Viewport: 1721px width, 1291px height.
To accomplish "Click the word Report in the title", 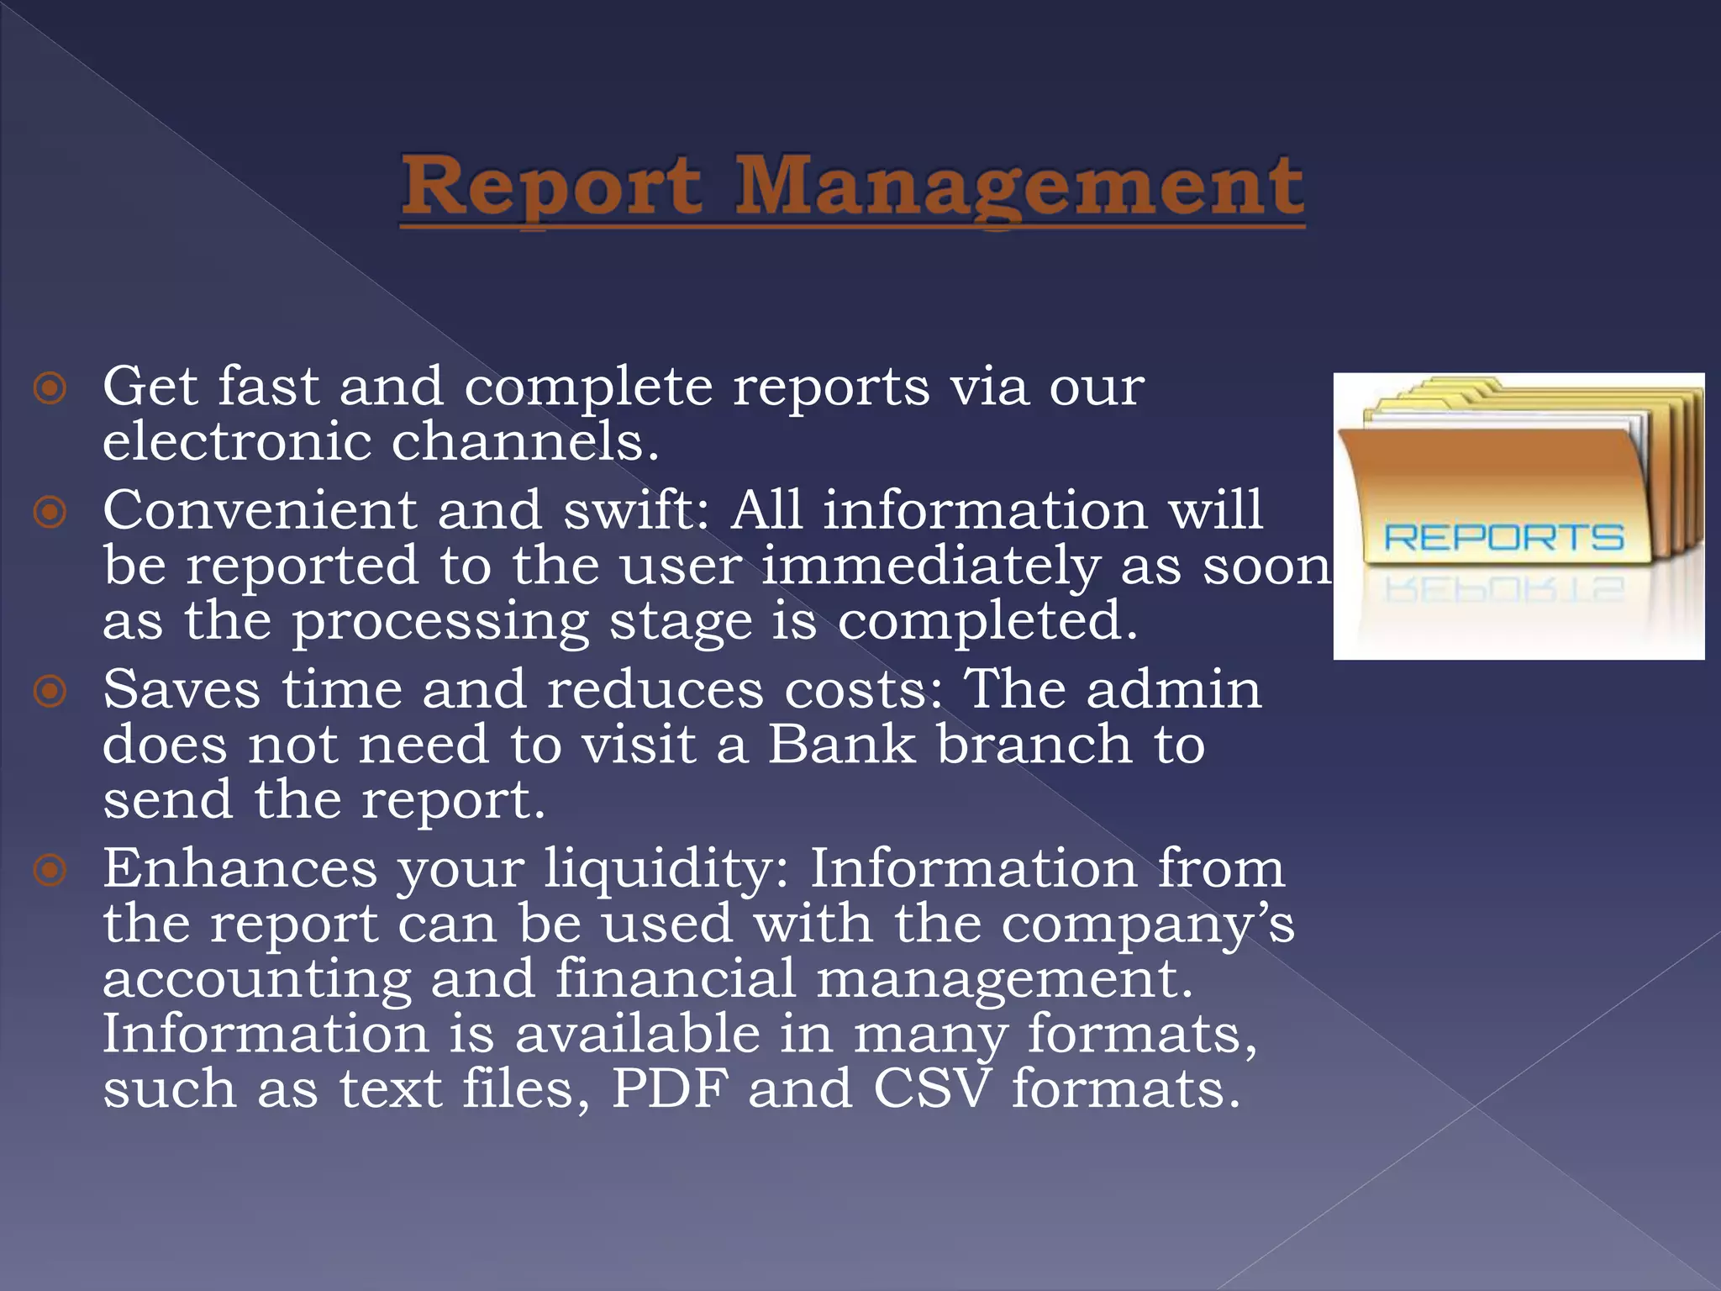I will tap(550, 187).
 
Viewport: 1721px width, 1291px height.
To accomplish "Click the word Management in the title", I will tap(1019, 187).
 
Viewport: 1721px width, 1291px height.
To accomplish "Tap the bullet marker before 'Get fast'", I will tap(50, 388).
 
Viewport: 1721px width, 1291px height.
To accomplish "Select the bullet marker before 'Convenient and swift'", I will tap(50, 512).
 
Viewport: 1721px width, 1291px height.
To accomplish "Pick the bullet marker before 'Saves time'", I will tap(50, 691).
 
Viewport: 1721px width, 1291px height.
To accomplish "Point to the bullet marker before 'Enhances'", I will tap(50, 870).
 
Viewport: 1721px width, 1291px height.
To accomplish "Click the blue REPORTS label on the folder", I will tap(1503, 538).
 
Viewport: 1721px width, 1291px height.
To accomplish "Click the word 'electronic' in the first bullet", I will tap(237, 441).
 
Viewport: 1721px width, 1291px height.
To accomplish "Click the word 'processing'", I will tap(440, 623).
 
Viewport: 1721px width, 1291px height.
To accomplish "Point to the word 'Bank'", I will tap(841, 745).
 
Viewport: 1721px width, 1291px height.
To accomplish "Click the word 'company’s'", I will tap(1148, 925).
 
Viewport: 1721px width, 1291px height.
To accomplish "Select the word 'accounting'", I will tap(256, 980).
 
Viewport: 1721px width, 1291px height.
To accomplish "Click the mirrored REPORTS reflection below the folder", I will tap(1503, 589).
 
